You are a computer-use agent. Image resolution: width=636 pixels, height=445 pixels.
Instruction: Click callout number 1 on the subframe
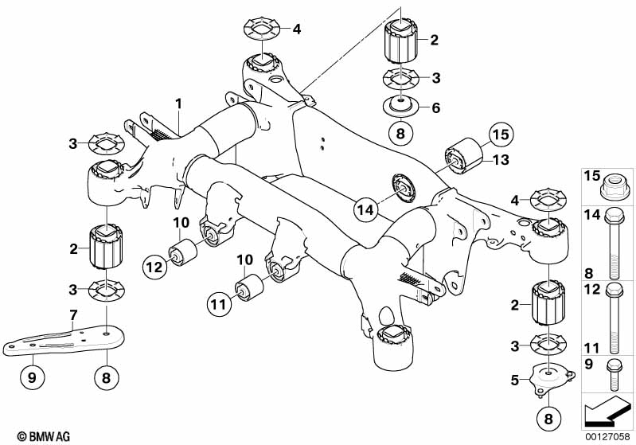(179, 103)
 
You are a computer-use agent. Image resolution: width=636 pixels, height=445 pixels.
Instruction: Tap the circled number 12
(156, 266)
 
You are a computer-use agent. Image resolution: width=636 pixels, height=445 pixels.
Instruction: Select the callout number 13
(500, 161)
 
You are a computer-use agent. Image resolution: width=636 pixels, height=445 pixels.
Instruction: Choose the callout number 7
(72, 315)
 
